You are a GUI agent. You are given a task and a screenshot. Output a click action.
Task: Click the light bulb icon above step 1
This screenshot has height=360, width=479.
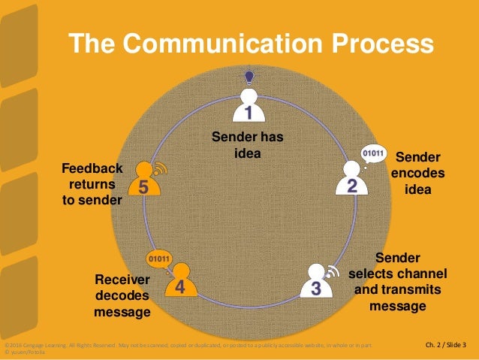point(249,74)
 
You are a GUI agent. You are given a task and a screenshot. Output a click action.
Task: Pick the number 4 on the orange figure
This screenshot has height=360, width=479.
point(180,287)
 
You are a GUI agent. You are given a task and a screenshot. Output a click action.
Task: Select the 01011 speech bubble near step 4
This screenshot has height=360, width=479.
point(159,259)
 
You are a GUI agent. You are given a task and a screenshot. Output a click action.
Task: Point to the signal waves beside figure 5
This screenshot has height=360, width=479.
point(160,168)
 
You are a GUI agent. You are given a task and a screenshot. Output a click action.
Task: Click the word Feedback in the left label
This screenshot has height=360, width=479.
point(92,168)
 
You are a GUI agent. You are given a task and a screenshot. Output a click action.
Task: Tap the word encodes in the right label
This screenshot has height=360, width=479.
point(417,173)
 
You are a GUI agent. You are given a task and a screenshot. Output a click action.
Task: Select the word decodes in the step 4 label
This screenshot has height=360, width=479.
point(122,295)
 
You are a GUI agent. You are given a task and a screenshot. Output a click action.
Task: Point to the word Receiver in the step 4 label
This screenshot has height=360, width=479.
point(122,280)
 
